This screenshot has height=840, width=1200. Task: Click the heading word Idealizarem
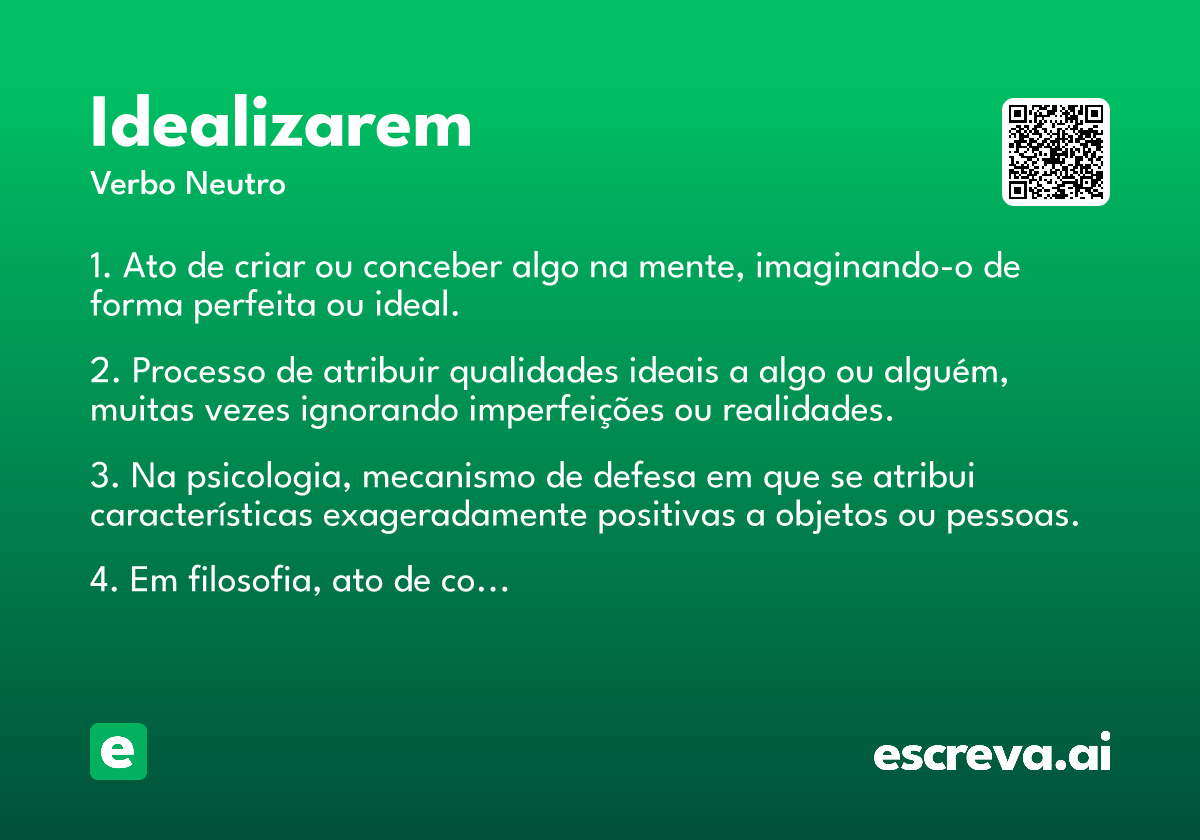point(281,122)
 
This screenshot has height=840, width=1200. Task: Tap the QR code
point(1055,152)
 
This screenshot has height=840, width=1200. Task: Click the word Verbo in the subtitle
point(133,183)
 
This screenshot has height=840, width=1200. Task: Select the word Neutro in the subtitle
point(235,183)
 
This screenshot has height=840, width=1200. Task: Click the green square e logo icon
point(118,751)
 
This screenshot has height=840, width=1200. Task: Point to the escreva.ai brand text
point(992,752)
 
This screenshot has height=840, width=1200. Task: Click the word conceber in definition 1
point(433,266)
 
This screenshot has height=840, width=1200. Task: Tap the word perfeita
point(255,305)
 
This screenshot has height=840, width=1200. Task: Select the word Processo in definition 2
point(199,371)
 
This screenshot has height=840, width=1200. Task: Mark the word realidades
point(808,410)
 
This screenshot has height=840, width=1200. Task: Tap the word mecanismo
point(449,476)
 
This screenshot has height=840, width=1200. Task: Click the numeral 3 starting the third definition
point(100,476)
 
